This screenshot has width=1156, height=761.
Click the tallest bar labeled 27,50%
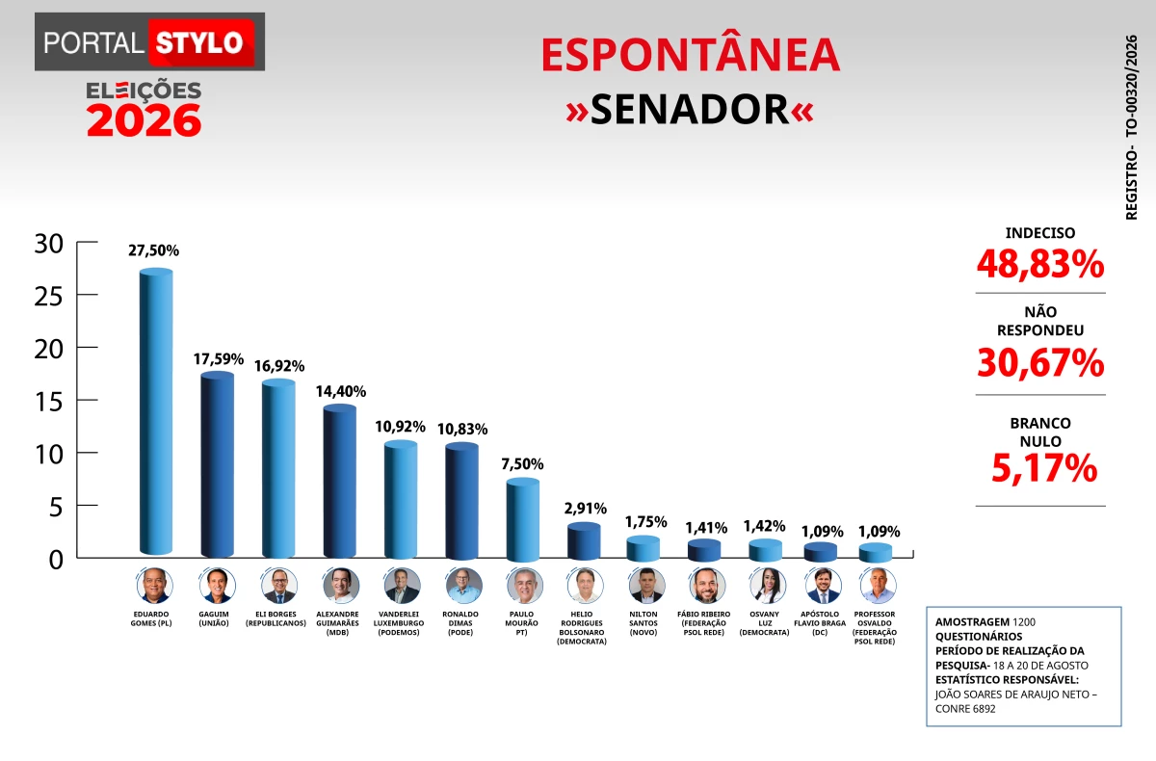(156, 411)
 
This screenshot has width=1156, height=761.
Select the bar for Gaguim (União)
(218, 464)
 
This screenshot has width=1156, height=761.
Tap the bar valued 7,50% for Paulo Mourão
(523, 519)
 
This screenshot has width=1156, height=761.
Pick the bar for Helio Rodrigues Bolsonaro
(584, 541)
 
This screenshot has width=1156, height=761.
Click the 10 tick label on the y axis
(48, 455)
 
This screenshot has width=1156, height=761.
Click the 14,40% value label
(341, 392)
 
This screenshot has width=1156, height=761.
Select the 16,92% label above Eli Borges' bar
(279, 366)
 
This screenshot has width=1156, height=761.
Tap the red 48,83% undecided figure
(1040, 264)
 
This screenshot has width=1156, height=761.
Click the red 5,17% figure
(1044, 468)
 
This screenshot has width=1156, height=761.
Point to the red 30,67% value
(1040, 363)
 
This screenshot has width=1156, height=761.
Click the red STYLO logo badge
(201, 42)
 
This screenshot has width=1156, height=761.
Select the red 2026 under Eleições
(144, 120)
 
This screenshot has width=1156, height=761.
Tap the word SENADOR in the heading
(690, 110)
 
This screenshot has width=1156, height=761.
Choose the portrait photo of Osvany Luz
(768, 586)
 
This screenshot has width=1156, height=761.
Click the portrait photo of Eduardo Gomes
(155, 586)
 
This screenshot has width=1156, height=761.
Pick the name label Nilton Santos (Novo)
(644, 623)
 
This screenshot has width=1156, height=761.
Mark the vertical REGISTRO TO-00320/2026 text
(1131, 127)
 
